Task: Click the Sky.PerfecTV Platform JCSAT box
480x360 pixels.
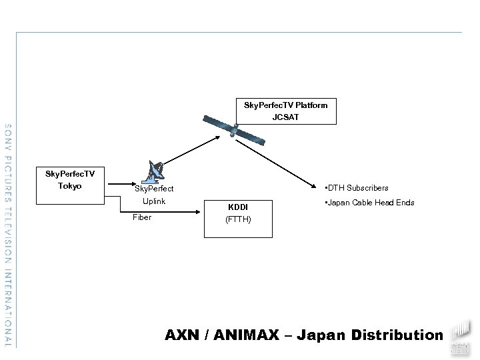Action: click(x=285, y=111)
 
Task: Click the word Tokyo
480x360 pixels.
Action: click(x=69, y=186)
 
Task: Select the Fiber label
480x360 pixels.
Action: click(x=142, y=217)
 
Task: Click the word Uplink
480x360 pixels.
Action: click(x=154, y=201)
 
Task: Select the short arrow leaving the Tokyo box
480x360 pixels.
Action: click(x=121, y=185)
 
